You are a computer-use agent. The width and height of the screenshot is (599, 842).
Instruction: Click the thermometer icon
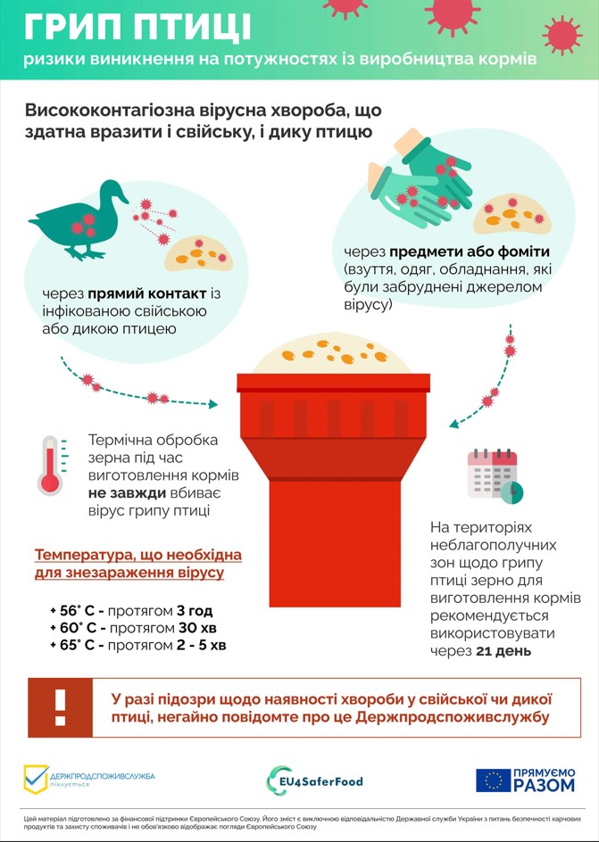click(x=51, y=465)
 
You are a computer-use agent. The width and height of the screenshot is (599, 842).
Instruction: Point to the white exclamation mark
click(x=60, y=707)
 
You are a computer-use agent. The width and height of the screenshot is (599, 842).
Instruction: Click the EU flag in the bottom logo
click(x=493, y=780)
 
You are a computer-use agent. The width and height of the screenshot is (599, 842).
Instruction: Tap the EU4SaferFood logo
click(x=314, y=780)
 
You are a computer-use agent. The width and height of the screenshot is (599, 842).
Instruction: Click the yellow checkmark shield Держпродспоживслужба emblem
click(x=36, y=780)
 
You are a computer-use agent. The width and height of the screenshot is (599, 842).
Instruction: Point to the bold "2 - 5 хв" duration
click(x=202, y=645)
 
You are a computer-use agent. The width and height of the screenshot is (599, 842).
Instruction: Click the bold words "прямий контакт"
click(x=147, y=294)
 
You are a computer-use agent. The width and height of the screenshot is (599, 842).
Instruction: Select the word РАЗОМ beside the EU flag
click(x=544, y=785)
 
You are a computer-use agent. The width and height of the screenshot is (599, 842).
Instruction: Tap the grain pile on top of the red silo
click(x=333, y=354)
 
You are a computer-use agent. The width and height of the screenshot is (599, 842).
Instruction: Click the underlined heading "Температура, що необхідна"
click(x=138, y=555)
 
